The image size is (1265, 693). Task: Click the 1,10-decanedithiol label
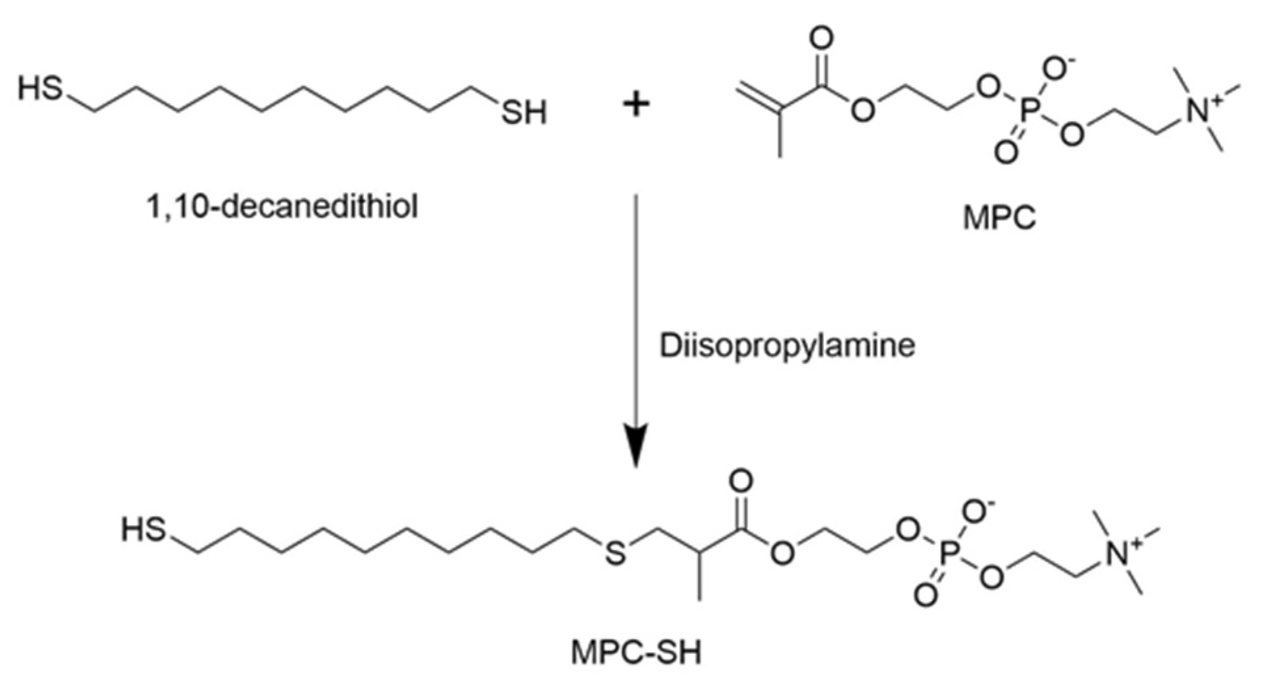coord(282,208)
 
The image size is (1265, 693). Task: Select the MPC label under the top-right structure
coord(1000,217)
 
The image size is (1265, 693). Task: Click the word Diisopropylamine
coord(787,346)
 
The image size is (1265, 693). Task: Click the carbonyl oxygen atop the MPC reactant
coord(821,38)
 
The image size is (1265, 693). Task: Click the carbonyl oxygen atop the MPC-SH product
coord(741,482)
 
